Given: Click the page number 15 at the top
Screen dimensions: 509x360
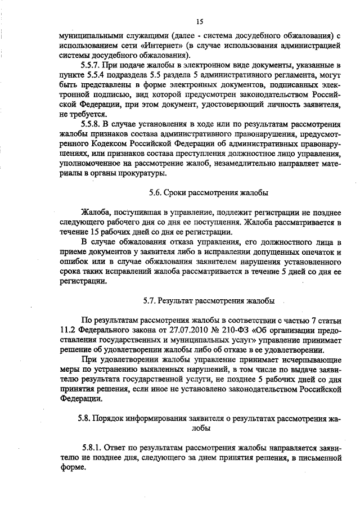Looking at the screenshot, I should point(199,22).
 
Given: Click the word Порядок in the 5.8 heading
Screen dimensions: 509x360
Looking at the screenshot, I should point(109,419).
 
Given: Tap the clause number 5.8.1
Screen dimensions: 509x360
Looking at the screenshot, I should point(91,448).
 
